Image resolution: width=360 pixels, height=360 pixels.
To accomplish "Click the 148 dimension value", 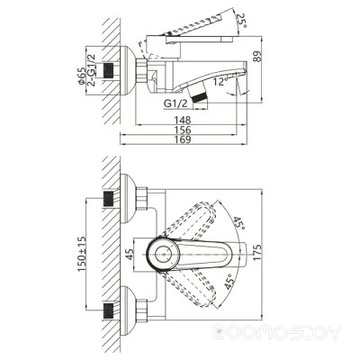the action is pos(183,120).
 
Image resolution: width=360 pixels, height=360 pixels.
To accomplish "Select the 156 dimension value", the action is pos(183,130).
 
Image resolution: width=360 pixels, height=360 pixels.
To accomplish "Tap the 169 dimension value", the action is pos(183,139).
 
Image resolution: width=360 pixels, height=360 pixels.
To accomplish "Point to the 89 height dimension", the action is pos(257,57).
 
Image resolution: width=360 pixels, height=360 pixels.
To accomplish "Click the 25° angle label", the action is pos(241,21).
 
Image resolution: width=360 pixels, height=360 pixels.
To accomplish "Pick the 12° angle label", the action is pos(220,82).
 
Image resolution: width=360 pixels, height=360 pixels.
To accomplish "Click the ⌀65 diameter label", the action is pos(81,76).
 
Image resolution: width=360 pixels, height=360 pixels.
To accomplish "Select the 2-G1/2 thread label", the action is pos(91,70).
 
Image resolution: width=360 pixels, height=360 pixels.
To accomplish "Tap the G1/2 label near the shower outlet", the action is pos(175,103).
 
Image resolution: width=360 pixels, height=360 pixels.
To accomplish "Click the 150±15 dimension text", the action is pos(82,254).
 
